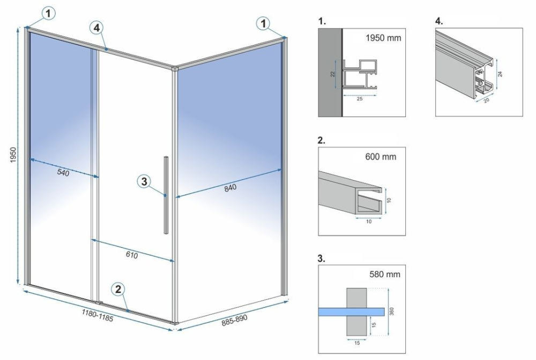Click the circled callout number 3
(x=143, y=182)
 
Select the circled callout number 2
(x=119, y=289)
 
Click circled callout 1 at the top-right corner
(x=263, y=23)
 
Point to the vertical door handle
(x=166, y=194)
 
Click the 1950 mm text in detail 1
(x=383, y=39)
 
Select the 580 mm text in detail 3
(x=385, y=275)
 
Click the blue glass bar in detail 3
(x=352, y=311)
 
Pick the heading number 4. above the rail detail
(x=439, y=21)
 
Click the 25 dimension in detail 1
(x=361, y=99)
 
